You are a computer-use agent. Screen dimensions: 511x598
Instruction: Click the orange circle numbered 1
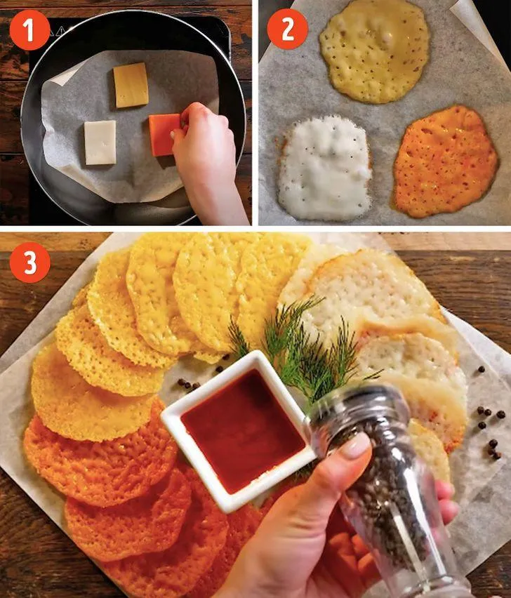pyautogui.click(x=29, y=30)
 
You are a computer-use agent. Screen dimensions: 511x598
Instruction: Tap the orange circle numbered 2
pyautogui.click(x=288, y=29)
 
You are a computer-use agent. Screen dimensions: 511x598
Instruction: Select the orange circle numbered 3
pyautogui.click(x=29, y=263)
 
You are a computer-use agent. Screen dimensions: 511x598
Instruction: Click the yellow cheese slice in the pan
pyautogui.click(x=131, y=85)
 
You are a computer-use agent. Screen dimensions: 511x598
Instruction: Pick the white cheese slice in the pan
pyautogui.click(x=100, y=142)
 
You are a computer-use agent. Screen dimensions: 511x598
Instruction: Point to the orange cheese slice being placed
pyautogui.click(x=164, y=135)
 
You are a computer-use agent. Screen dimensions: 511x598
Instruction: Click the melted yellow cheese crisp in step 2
pyautogui.click(x=375, y=51)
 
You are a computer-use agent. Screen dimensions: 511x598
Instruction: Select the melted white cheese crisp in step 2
pyautogui.click(x=324, y=168)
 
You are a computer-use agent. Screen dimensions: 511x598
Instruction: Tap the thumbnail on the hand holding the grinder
pyautogui.click(x=354, y=446)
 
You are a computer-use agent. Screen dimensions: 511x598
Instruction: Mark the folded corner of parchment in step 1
pyautogui.click(x=63, y=75)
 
